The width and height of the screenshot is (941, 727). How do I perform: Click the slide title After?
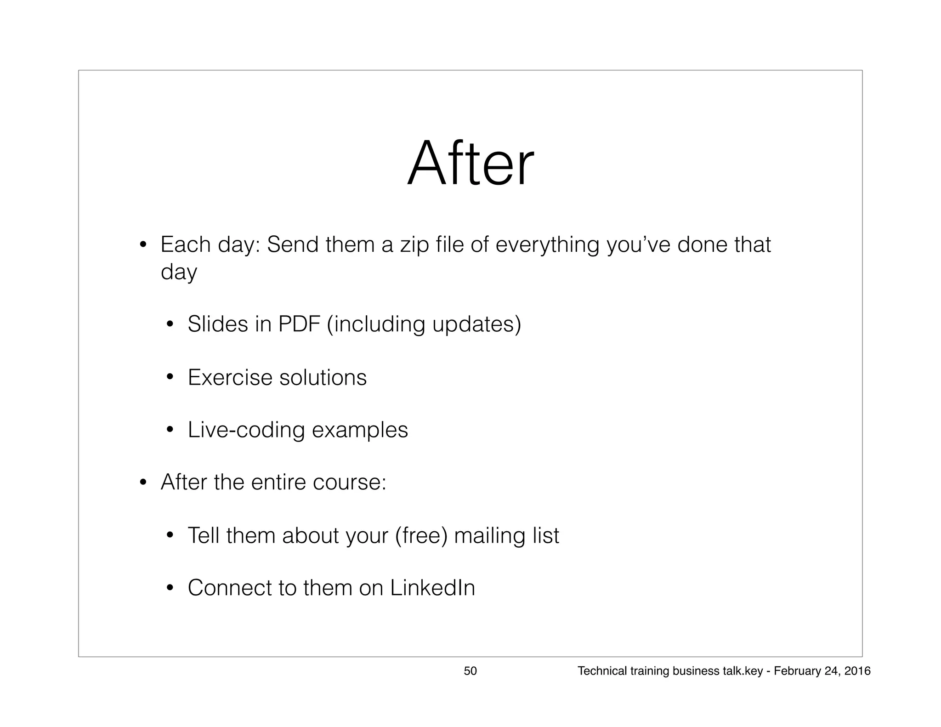pos(470,164)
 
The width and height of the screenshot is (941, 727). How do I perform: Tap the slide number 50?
pos(470,671)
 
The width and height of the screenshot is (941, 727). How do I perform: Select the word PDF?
pos(299,324)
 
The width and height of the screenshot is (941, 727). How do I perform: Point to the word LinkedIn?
pos(432,588)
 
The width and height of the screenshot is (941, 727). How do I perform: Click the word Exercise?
pos(230,377)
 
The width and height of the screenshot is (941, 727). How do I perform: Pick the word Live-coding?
pos(246,430)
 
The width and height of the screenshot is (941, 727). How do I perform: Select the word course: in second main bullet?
pos(349,482)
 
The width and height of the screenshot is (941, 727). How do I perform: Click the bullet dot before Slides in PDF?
pos(170,325)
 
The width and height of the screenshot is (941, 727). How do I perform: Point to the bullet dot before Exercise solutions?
pos(170,378)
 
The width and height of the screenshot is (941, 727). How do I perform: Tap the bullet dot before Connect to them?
pos(170,588)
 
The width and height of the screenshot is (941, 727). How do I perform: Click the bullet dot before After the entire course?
pos(143,483)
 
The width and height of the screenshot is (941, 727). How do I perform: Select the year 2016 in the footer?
pos(857,671)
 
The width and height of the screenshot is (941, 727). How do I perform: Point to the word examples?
pos(360,430)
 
